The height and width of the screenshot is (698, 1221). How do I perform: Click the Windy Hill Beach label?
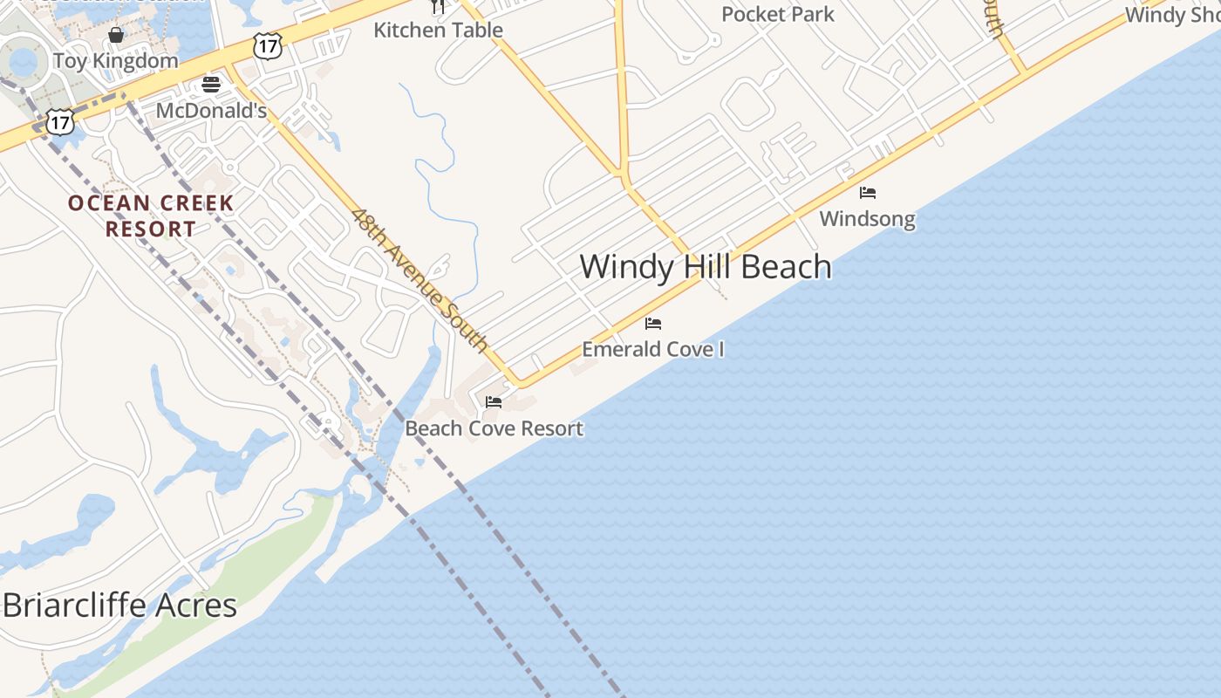(x=705, y=267)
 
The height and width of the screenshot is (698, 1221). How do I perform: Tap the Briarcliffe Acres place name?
(x=119, y=605)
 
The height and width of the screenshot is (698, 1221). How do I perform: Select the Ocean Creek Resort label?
(x=151, y=216)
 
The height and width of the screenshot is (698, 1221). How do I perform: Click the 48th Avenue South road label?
(x=420, y=279)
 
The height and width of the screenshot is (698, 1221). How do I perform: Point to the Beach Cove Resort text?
(x=494, y=428)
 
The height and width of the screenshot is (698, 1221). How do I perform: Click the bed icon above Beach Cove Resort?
(x=494, y=402)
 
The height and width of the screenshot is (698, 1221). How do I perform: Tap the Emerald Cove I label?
(x=653, y=349)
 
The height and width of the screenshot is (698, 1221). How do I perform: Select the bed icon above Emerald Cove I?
(x=653, y=324)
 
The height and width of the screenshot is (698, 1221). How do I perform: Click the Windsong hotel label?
(x=867, y=218)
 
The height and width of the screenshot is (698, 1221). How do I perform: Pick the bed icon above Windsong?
(x=867, y=193)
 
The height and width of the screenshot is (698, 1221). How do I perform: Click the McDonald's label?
(x=211, y=111)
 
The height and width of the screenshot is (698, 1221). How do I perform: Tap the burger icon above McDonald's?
(x=210, y=85)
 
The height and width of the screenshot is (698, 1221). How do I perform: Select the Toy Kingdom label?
(x=115, y=60)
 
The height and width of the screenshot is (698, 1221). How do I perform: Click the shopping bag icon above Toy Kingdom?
(x=115, y=35)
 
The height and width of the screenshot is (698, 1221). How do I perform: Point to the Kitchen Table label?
(x=438, y=30)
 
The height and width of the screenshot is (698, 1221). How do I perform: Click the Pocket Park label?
(x=778, y=14)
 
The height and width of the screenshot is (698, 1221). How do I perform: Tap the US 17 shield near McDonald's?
(x=268, y=46)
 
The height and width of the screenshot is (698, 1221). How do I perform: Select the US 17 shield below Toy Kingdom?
(x=59, y=121)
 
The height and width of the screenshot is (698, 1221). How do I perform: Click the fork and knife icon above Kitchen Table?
(x=438, y=6)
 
